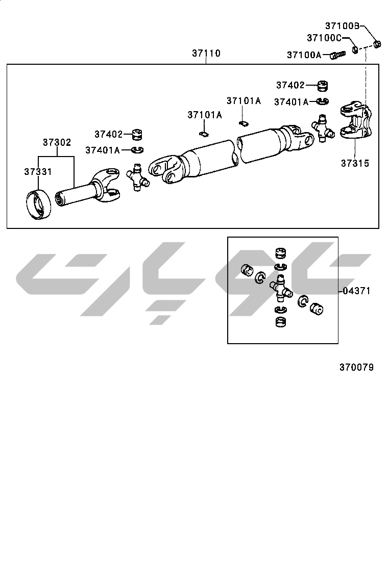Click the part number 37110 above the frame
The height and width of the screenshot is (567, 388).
pyautogui.click(x=206, y=53)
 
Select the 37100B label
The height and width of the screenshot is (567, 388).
pyautogui.click(x=343, y=25)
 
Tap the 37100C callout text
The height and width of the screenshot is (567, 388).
pyautogui.click(x=324, y=38)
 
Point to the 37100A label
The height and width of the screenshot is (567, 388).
pyautogui.click(x=304, y=55)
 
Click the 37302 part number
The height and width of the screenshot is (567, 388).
pyautogui.click(x=57, y=142)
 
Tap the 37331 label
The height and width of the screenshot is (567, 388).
pyautogui.click(x=38, y=172)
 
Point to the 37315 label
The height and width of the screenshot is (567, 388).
pyautogui.click(x=355, y=164)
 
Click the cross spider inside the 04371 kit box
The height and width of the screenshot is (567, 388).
pyautogui.click(x=280, y=287)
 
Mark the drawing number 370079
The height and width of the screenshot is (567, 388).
pyautogui.click(x=356, y=367)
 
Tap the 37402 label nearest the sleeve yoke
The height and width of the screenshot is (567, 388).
pyautogui.click(x=108, y=134)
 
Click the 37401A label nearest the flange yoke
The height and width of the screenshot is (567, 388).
pyautogui.click(x=291, y=102)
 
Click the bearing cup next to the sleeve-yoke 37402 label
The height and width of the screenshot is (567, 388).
pyautogui.click(x=136, y=135)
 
